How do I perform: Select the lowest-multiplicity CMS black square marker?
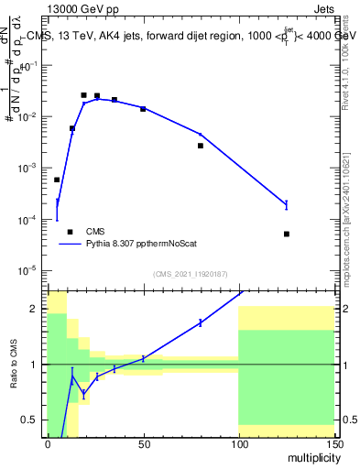[x=57, y=180]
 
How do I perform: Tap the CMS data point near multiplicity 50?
[x=143, y=109]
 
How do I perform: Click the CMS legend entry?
[x=95, y=232]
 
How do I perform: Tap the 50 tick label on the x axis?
[x=143, y=443]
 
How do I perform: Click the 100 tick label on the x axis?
[x=238, y=443]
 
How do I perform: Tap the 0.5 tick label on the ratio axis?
[x=32, y=420]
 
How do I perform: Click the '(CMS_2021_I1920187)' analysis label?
[x=190, y=275]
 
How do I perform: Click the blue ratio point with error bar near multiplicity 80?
[x=201, y=322]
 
